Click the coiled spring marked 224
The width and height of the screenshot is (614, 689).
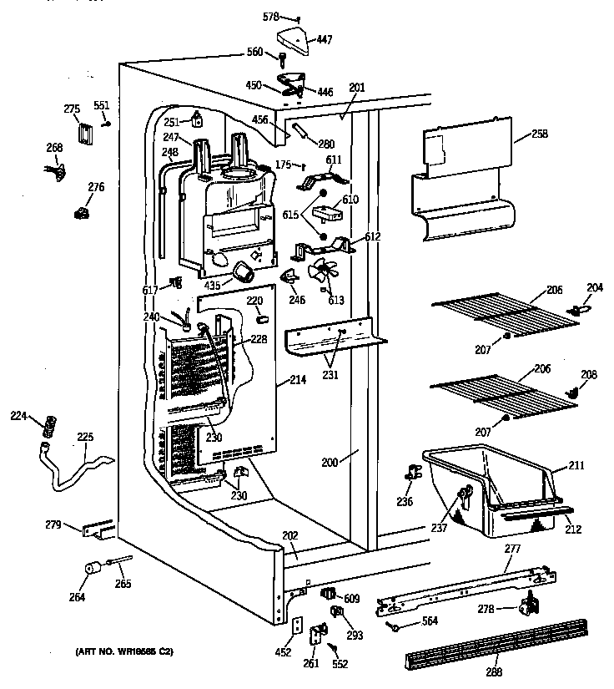tap(49, 423)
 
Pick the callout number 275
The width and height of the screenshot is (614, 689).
tap(72, 108)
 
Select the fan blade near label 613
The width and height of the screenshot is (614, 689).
tap(320, 271)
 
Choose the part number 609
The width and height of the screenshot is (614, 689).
tap(351, 598)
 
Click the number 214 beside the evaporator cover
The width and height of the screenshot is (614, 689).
tap(298, 380)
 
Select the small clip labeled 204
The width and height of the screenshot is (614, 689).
tap(572, 308)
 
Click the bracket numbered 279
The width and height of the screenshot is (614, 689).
tap(98, 529)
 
